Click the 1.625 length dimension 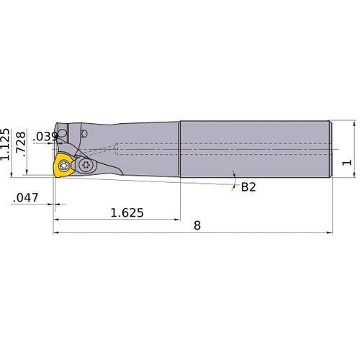[127, 213]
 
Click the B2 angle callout [248, 187]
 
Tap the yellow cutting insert [63, 167]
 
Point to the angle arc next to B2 [234, 179]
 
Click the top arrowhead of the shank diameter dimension [354, 123]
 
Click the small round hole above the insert [84, 133]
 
